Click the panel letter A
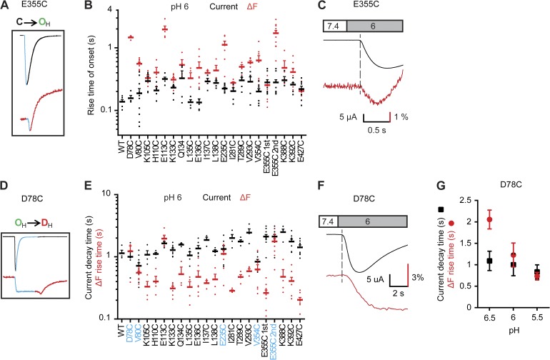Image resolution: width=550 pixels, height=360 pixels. click(x=6, y=6)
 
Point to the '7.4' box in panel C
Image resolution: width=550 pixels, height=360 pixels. click(x=334, y=24)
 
